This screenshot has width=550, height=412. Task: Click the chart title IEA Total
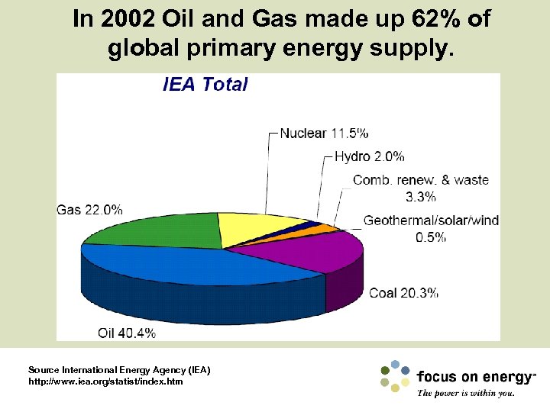click(x=205, y=85)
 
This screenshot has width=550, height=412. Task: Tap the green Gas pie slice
click(x=153, y=229)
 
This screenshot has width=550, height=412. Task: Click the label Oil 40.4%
click(x=127, y=333)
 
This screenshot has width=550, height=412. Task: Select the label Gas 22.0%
click(x=89, y=210)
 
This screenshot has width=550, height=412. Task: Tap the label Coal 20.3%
click(x=403, y=293)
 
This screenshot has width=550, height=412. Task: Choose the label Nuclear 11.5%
click(x=324, y=134)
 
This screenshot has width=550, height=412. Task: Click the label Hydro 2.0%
click(x=370, y=157)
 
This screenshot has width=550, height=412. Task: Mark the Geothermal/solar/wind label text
click(x=431, y=221)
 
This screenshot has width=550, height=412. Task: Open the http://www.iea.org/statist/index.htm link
click(x=105, y=381)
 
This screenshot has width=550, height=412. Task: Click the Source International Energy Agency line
click(x=118, y=370)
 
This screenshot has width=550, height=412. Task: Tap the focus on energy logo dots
click(x=395, y=375)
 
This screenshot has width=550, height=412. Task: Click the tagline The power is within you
click(x=465, y=394)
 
